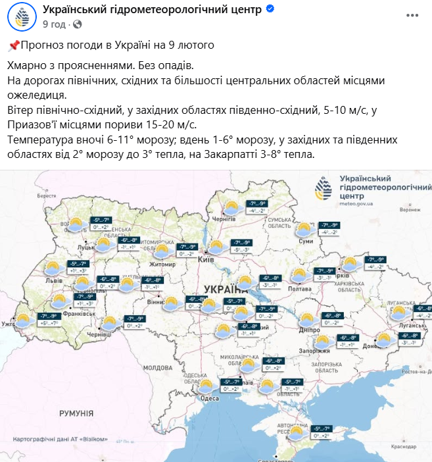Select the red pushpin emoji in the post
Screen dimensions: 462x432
[14, 45]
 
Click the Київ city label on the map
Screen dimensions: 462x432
[205, 260]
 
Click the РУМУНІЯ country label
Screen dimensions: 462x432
[76, 413]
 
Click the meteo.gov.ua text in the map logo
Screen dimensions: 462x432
[355, 203]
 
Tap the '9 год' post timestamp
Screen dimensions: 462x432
[55, 24]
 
